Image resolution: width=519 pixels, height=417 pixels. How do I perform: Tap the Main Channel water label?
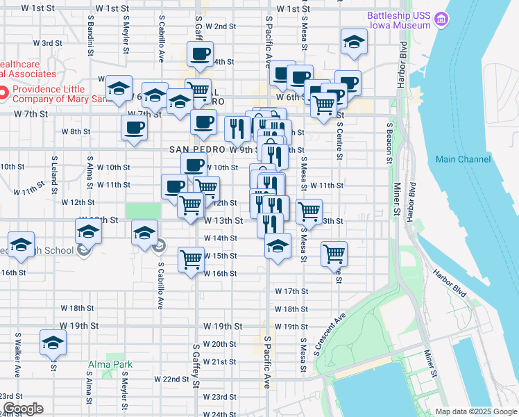[x=463, y=159]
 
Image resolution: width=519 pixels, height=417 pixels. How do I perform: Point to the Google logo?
[x=22, y=409]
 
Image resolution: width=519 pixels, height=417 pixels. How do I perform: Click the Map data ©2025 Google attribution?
[x=475, y=411]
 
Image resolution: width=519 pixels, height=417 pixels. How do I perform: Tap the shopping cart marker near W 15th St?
[x=191, y=259]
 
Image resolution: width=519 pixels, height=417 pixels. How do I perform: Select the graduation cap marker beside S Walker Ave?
[x=53, y=343]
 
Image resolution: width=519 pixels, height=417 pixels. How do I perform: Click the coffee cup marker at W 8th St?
[x=134, y=127]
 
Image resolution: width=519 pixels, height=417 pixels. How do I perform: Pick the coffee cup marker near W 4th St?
[x=200, y=54]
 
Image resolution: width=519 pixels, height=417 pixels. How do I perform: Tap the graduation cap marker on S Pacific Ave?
[x=278, y=246]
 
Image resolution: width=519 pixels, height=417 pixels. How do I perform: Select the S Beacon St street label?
[x=390, y=144]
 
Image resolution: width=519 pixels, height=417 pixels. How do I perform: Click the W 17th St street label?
[x=291, y=291]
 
